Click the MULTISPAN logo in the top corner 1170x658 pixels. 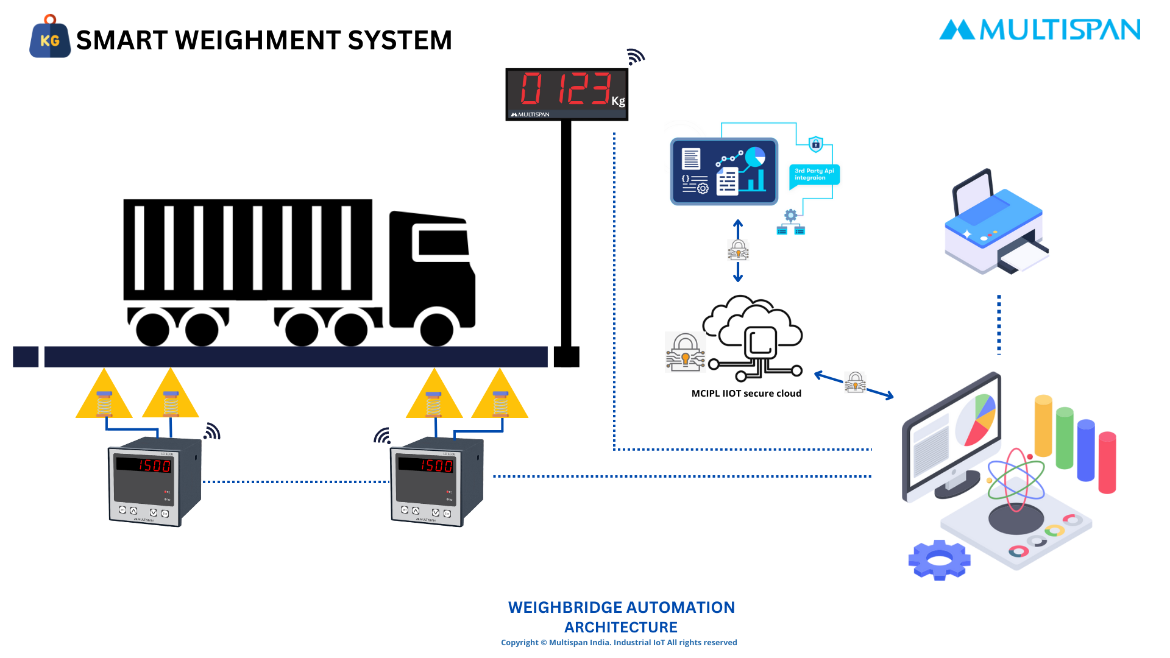(x=1040, y=30)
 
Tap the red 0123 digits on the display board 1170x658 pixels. (x=565, y=89)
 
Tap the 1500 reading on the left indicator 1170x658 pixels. (x=154, y=466)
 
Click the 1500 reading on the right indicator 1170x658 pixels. (x=436, y=466)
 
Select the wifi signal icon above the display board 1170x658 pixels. (x=635, y=57)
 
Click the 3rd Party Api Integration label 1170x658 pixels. (x=814, y=175)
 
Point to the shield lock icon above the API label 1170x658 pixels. (x=815, y=144)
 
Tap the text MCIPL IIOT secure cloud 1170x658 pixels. (x=746, y=394)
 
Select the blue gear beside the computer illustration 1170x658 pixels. (x=939, y=559)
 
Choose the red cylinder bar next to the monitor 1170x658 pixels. (x=1107, y=462)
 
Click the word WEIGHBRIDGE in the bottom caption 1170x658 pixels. (x=565, y=607)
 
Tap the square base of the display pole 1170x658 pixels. (x=566, y=356)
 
